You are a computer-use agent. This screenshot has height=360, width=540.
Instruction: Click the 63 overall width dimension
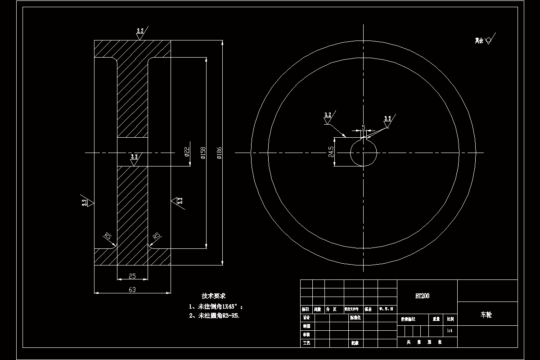(x=132, y=290)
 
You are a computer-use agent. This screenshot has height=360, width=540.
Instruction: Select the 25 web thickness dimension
(x=132, y=276)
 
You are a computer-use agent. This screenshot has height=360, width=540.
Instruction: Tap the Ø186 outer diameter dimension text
(x=219, y=153)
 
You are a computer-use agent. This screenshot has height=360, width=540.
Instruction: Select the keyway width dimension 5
(x=364, y=128)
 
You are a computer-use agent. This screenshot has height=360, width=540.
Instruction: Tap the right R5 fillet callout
(x=157, y=236)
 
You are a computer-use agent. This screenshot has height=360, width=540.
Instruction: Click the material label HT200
(x=422, y=296)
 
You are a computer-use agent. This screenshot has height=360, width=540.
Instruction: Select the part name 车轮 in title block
(x=486, y=315)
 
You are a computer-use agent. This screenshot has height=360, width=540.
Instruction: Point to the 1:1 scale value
(x=449, y=331)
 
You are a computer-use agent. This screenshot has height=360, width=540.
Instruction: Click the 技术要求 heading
(x=214, y=296)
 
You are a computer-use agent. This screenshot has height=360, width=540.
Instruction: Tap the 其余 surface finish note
(x=479, y=40)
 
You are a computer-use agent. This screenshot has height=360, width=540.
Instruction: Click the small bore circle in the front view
(x=364, y=153)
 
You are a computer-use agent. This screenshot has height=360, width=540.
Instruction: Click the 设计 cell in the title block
(x=306, y=318)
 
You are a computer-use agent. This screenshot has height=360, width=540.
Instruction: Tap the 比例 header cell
(x=450, y=319)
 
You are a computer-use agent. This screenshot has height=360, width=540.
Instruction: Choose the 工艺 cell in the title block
(x=306, y=343)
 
